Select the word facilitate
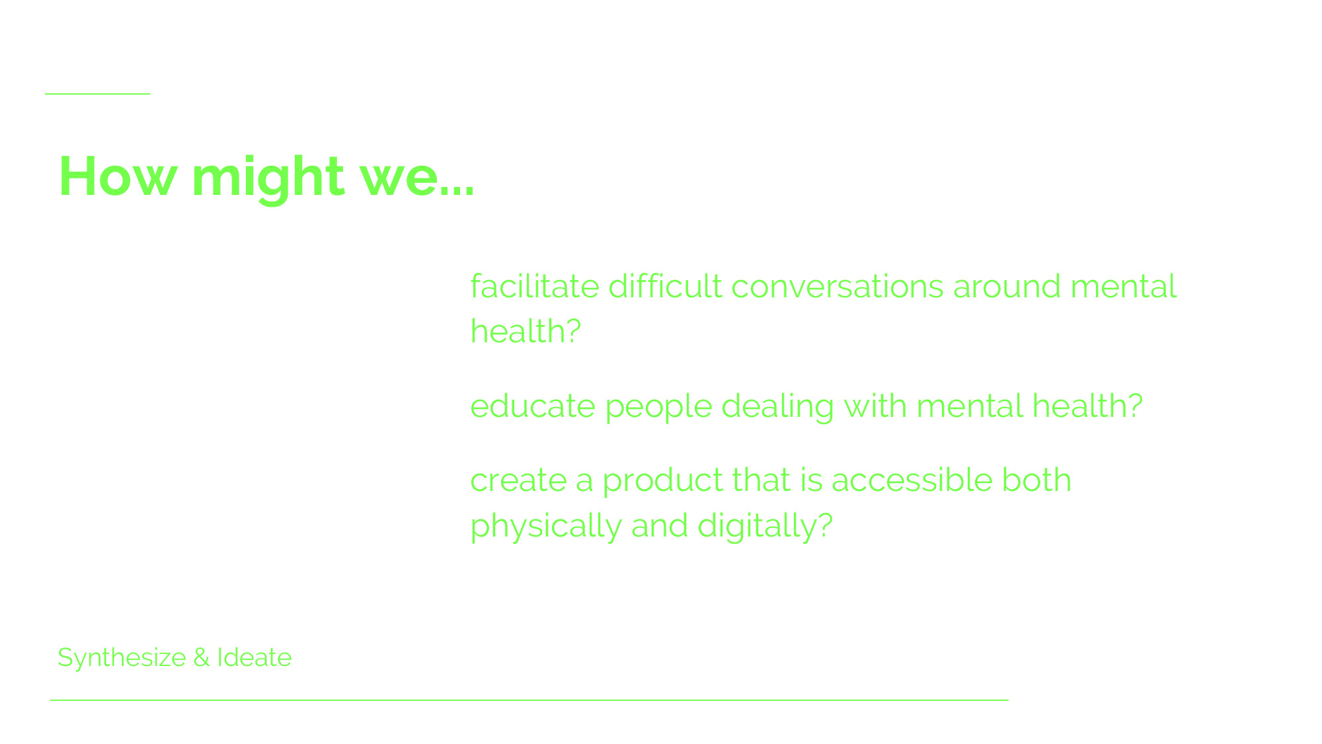pyautogui.click(x=535, y=287)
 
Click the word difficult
pyautogui.click(x=665, y=287)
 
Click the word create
pyautogui.click(x=518, y=481)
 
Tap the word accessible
pyautogui.click(x=912, y=480)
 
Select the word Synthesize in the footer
pyautogui.click(x=122, y=658)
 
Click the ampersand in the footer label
pyautogui.click(x=202, y=658)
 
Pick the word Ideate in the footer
pyautogui.click(x=254, y=658)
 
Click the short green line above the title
pyautogui.click(x=98, y=94)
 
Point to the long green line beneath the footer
pyautogui.click(x=529, y=699)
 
